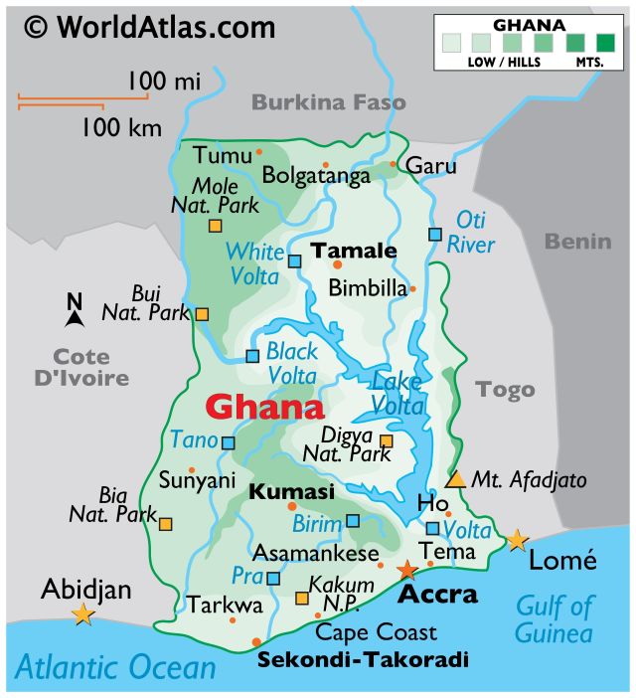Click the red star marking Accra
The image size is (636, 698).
[407, 571]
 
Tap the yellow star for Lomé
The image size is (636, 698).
[517, 541]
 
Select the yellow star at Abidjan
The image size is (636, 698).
[82, 615]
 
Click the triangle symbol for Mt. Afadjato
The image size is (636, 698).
[455, 479]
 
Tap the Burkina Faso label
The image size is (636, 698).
[328, 102]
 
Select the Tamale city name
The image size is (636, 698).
[355, 251]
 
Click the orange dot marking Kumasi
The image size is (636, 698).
[292, 506]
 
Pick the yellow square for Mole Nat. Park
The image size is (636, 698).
[215, 226]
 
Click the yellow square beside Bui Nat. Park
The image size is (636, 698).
[202, 314]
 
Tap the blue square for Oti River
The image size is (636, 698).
[434, 235]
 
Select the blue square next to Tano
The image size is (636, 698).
[229, 443]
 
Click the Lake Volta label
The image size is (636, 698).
[397, 392]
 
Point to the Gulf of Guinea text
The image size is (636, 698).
[555, 618]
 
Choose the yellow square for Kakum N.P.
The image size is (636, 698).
[302, 598]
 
